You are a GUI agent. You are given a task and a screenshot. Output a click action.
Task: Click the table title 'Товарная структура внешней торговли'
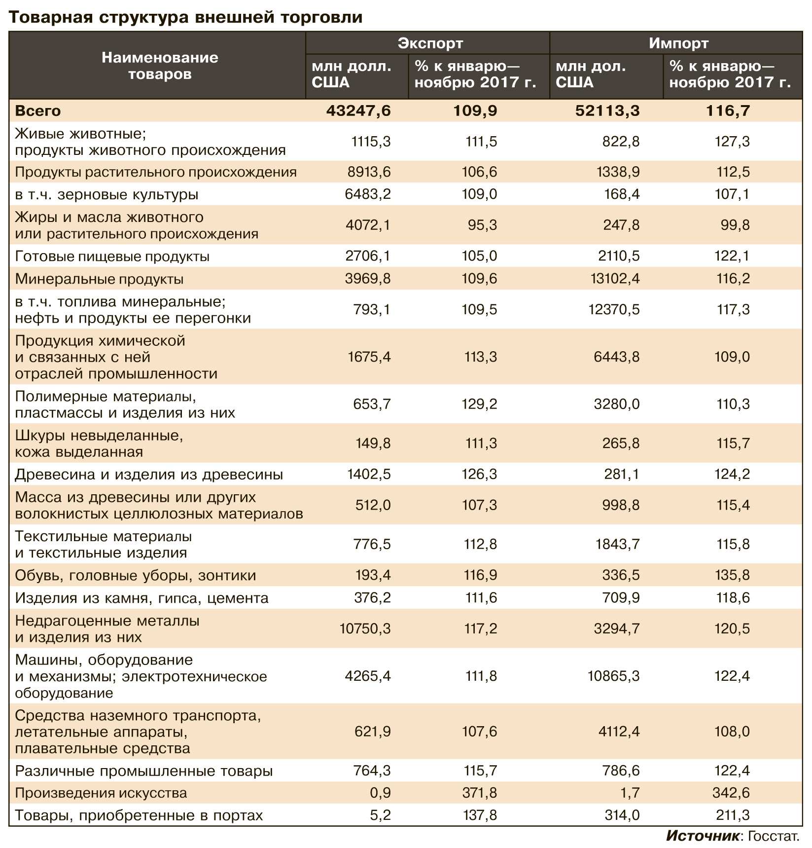point(185,17)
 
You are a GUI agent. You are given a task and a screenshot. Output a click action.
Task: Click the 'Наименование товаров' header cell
point(160,66)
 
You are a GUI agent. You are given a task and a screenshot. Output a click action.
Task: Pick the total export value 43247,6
point(358,111)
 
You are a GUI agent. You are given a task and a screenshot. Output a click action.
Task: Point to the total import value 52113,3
point(607,111)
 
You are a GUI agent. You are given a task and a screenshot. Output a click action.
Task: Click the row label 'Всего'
point(38,111)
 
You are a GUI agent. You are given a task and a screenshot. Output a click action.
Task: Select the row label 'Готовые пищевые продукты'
point(112,257)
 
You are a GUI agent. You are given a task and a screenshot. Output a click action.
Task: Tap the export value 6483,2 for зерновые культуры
point(368,194)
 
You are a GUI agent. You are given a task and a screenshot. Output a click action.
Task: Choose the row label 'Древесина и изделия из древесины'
point(149,475)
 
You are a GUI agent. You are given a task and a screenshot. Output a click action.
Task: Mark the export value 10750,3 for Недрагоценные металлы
point(365,628)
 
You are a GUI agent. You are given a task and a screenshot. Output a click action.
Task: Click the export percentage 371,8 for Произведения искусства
point(480,793)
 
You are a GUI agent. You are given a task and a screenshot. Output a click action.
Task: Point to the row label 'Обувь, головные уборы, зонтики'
point(136,576)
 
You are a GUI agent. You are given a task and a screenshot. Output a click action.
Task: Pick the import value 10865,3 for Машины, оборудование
point(614,676)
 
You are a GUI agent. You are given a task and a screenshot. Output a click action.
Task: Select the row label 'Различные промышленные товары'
point(144,771)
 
